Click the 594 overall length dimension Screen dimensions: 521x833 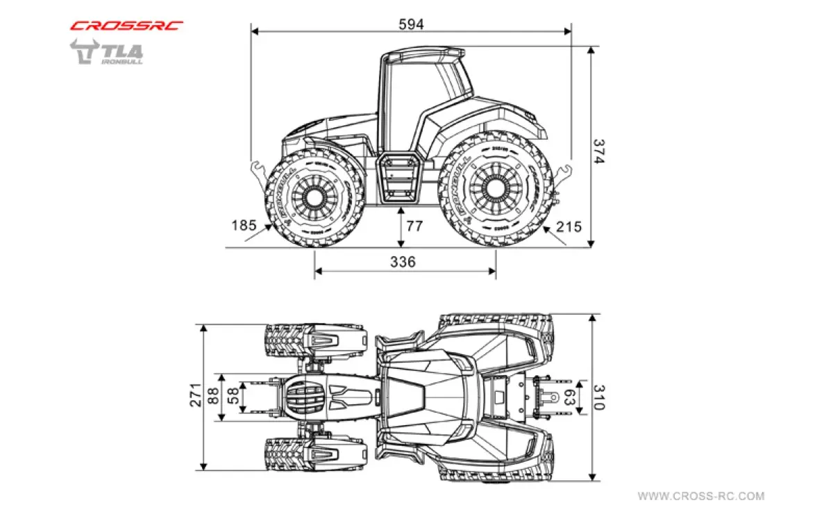411,23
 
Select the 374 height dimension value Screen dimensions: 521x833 599,151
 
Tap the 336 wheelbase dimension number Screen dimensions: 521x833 403,261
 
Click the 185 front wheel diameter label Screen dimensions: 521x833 244,225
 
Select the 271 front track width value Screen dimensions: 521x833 196,395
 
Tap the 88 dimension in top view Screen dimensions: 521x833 214,397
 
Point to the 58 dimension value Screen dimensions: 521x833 234,396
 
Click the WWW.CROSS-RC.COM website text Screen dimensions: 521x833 701,496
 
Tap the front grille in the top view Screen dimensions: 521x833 303,397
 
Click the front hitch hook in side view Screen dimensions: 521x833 256,169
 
